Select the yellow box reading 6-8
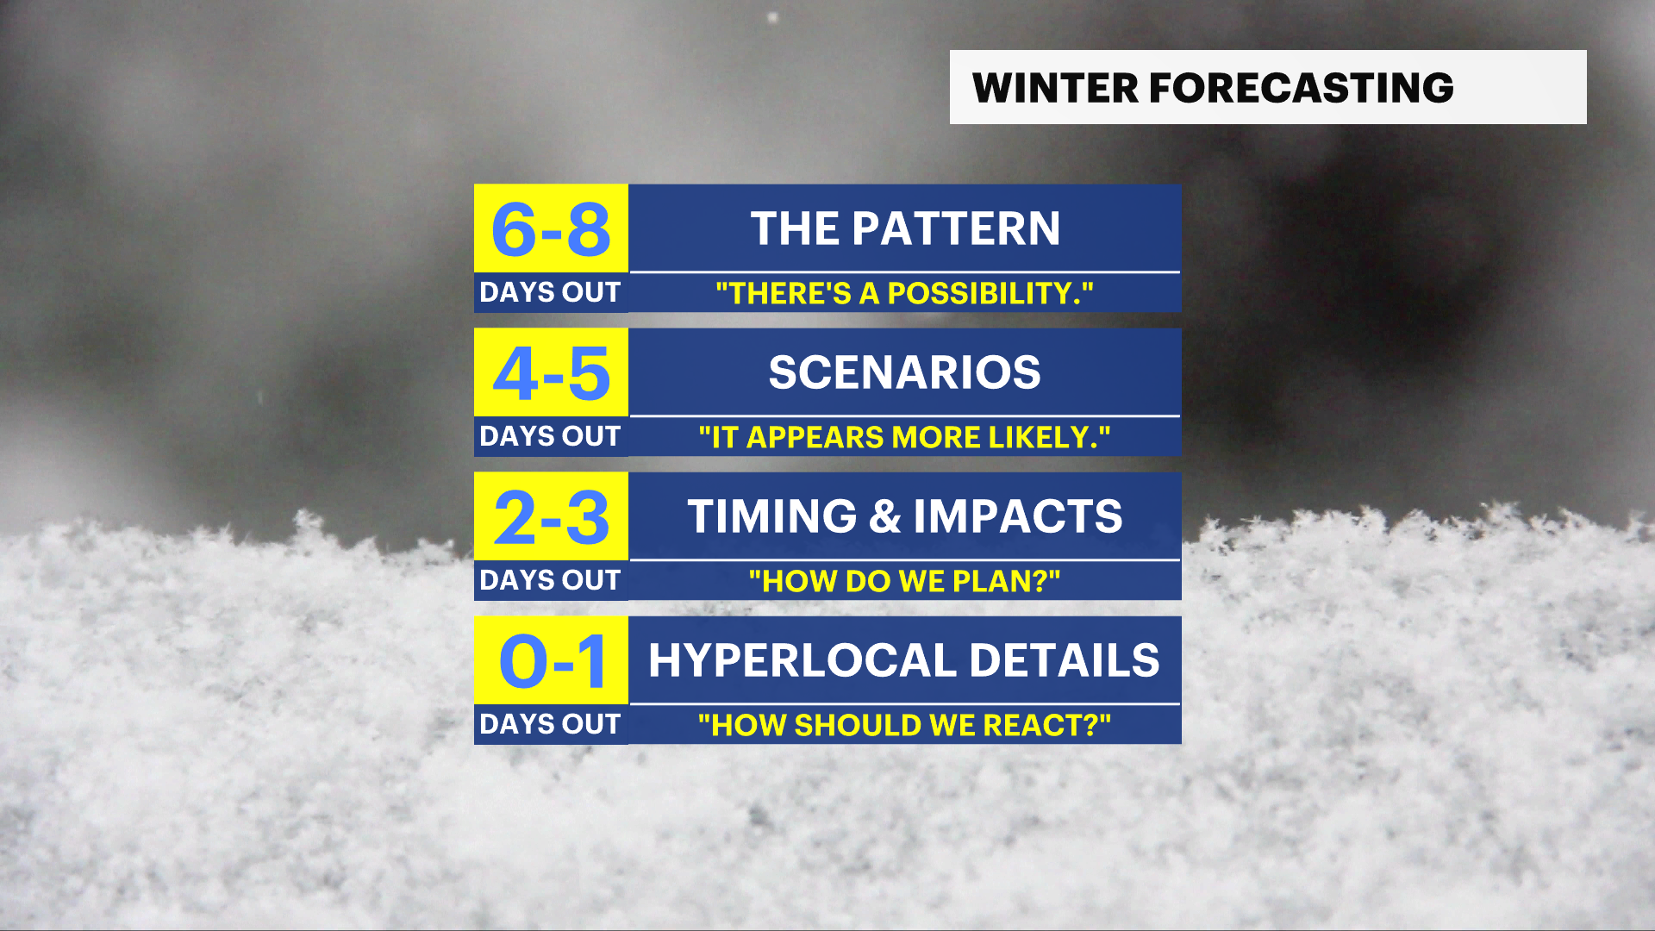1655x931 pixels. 551,229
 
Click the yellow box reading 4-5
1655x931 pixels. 551,373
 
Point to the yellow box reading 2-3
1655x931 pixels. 551,517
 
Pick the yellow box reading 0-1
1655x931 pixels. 551,661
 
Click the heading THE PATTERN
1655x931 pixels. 905,228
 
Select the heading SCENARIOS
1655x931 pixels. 905,372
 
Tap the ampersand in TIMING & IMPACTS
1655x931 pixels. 884,516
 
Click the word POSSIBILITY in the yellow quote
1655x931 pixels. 984,294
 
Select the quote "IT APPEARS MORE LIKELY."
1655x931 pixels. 905,438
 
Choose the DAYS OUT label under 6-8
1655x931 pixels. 550,292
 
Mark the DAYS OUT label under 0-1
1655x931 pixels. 550,724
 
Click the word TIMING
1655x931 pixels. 771,516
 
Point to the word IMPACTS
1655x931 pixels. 1018,516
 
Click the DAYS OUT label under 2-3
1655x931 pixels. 550,580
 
